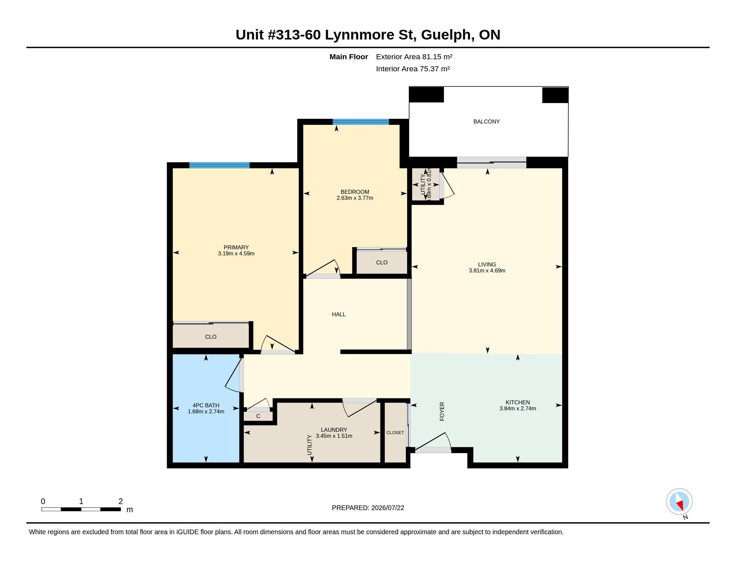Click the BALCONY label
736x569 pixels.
click(486, 122)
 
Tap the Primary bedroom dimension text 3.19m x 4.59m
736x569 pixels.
click(236, 253)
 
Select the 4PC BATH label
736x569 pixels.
click(206, 406)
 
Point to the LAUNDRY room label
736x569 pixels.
click(334, 430)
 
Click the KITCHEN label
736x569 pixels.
click(518, 402)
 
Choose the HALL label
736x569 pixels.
click(339, 315)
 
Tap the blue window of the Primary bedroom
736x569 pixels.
click(219, 165)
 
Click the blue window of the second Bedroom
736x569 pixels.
click(361, 122)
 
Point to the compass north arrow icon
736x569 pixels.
click(679, 502)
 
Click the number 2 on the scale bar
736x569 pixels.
click(121, 501)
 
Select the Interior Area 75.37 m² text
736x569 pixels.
click(413, 69)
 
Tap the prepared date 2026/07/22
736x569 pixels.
click(387, 508)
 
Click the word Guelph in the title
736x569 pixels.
click(446, 35)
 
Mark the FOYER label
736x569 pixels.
click(442, 411)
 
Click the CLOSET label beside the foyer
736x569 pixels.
click(395, 432)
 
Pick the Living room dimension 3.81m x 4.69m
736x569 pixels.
click(487, 271)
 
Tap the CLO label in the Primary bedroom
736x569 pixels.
click(211, 337)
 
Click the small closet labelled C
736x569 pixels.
click(258, 416)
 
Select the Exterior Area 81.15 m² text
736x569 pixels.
click(414, 57)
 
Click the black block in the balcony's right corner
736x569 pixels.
click(555, 95)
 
